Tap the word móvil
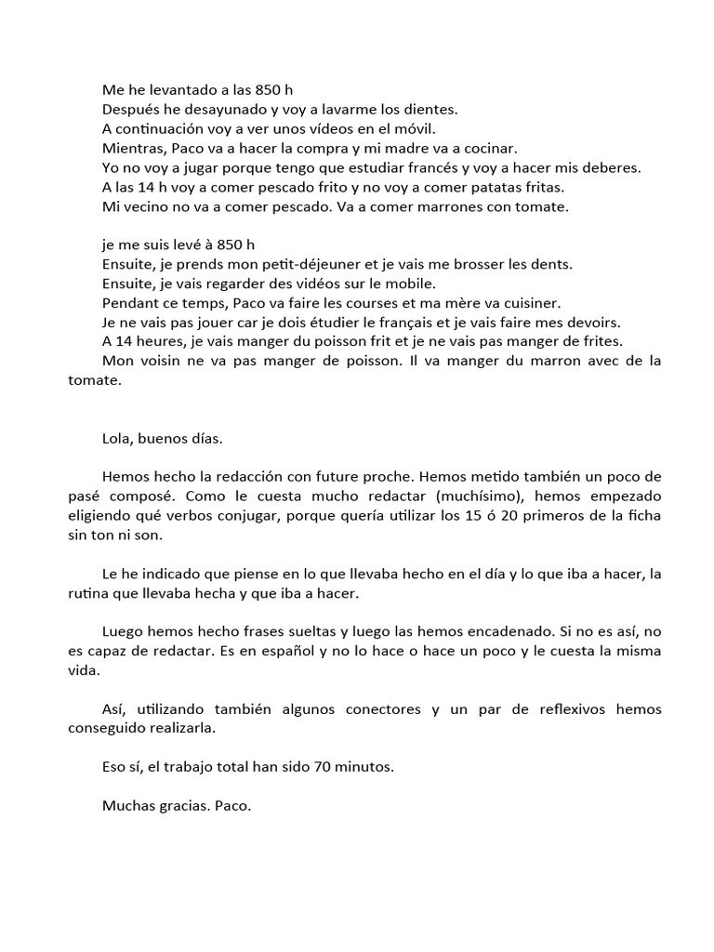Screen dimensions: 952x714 (x=412, y=128)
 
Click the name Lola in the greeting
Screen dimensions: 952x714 (x=118, y=438)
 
